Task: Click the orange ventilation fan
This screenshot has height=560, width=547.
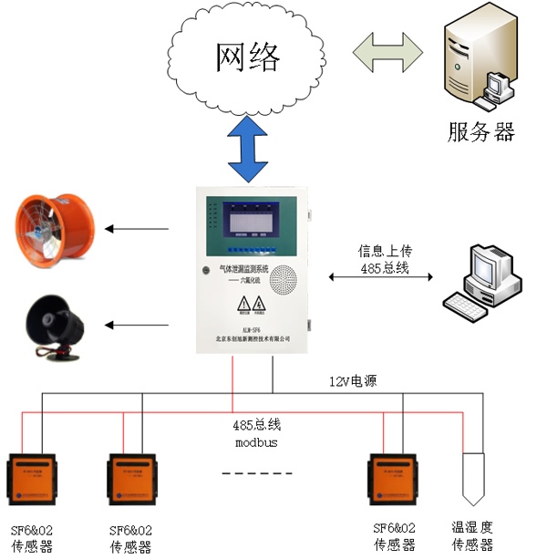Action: click(x=52, y=228)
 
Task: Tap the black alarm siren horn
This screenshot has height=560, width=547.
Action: click(x=52, y=324)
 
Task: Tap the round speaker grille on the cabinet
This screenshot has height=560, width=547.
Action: click(x=286, y=278)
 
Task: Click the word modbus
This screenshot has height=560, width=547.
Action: click(x=255, y=442)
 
